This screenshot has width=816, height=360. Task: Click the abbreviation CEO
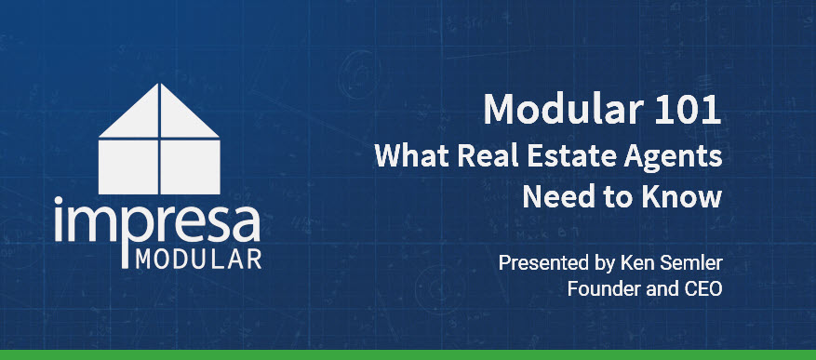tap(702, 288)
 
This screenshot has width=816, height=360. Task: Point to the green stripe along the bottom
tap(408, 354)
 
